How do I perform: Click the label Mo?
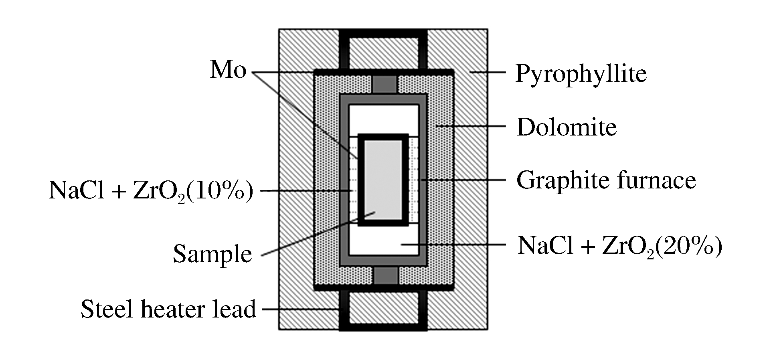pos(228,71)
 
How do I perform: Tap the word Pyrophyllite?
pos(581,74)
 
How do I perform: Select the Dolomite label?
pos(567,127)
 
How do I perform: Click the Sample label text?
pos(212,254)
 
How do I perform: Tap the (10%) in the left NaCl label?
pos(220,191)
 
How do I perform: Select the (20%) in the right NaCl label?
pos(688,245)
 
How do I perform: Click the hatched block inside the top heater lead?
pos(384,53)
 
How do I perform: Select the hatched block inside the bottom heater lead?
pos(384,308)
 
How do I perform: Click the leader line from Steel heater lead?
pos(301,309)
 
